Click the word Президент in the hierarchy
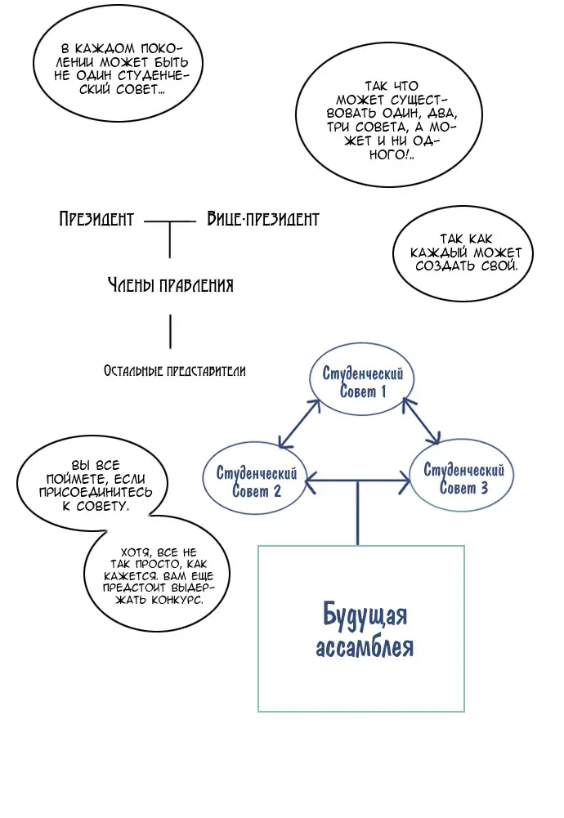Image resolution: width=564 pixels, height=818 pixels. pos(96,219)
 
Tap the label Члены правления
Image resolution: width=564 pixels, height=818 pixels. pos(170,285)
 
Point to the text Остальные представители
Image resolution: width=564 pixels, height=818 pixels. pos(174,370)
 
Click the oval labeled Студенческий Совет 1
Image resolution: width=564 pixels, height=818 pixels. pos(363,382)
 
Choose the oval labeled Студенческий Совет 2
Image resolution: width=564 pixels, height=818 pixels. pos(256,481)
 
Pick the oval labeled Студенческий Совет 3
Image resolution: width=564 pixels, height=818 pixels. pos(463,479)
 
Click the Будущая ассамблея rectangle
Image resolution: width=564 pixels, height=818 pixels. pos(361,628)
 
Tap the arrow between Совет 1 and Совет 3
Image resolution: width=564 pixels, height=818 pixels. pos(423,420)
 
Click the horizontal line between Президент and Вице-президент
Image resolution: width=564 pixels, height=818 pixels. pos(170,221)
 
